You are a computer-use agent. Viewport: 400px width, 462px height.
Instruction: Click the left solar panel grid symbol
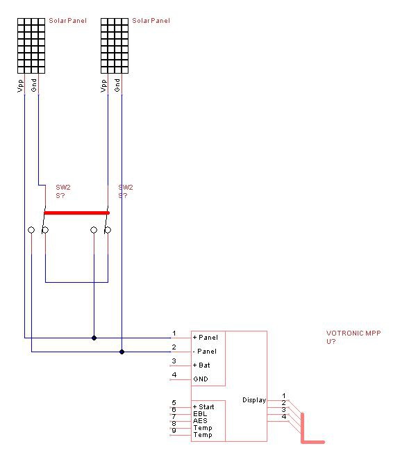click(x=31, y=46)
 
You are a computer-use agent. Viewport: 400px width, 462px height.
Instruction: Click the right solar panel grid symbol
click(x=115, y=46)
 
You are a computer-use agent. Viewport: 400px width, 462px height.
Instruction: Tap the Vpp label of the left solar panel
click(x=20, y=85)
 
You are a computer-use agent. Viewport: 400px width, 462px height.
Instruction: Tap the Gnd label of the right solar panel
click(x=117, y=85)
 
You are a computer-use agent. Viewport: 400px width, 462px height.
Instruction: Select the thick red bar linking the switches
click(x=76, y=213)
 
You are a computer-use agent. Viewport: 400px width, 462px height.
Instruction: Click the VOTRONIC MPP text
click(x=353, y=333)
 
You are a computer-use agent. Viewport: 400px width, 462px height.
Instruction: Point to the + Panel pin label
click(x=206, y=338)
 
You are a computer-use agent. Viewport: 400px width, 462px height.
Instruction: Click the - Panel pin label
click(x=205, y=352)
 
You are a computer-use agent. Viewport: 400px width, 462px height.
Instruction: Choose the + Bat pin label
click(x=201, y=365)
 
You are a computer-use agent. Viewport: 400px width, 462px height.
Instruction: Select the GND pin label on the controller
click(x=201, y=379)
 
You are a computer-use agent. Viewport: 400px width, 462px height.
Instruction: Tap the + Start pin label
click(x=203, y=407)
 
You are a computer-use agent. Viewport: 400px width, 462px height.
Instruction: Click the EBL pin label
click(x=200, y=413)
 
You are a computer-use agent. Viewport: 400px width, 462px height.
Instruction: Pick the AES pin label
click(x=200, y=421)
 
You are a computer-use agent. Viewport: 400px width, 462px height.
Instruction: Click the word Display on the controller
click(x=254, y=400)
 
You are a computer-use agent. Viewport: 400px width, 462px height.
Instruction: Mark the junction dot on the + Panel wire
click(x=94, y=338)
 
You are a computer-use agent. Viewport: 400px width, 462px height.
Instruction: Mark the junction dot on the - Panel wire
click(x=122, y=352)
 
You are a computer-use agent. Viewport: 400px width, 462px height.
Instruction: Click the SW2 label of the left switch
click(x=63, y=188)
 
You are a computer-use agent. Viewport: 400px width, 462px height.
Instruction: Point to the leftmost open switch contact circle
click(x=31, y=230)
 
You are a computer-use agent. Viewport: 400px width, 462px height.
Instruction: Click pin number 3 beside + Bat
click(x=174, y=361)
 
